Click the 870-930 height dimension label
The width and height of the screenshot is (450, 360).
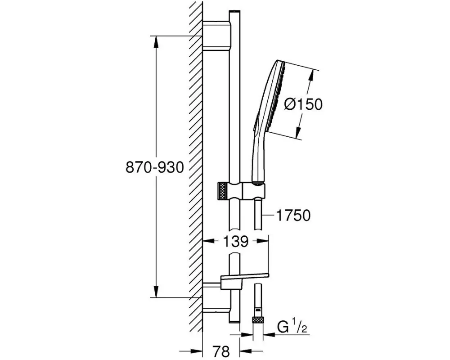pos(155,167)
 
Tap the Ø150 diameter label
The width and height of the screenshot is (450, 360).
pos(304,104)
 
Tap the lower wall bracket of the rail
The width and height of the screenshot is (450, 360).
pos(216,297)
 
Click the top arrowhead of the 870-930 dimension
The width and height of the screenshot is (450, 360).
pos(156,40)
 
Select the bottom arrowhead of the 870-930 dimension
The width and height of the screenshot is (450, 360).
pos(156,292)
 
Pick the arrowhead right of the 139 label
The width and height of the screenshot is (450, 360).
pos(264,242)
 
